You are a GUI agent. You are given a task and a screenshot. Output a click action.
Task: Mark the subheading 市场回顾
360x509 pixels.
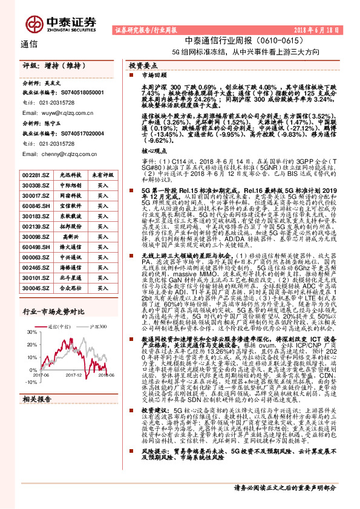pyautogui.click(x=152, y=77)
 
